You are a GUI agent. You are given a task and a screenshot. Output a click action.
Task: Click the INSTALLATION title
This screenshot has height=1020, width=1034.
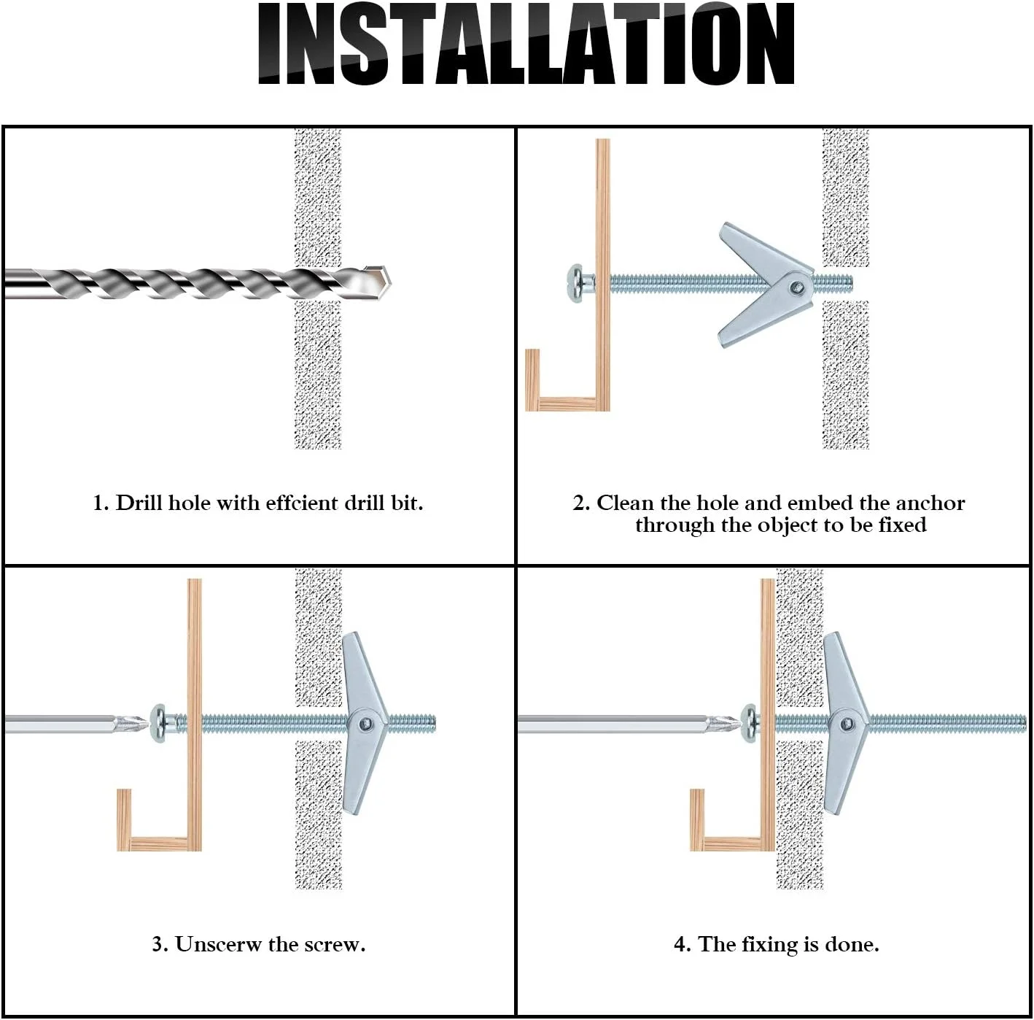526,43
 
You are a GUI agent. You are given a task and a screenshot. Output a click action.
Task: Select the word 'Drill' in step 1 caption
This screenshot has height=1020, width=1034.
139,503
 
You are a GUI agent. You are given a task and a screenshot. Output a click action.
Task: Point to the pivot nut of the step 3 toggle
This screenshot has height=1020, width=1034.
367,724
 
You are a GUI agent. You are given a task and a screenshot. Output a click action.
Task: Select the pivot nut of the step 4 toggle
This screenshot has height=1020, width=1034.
847,724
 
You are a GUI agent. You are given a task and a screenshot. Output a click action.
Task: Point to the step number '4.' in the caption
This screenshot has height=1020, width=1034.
682,944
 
